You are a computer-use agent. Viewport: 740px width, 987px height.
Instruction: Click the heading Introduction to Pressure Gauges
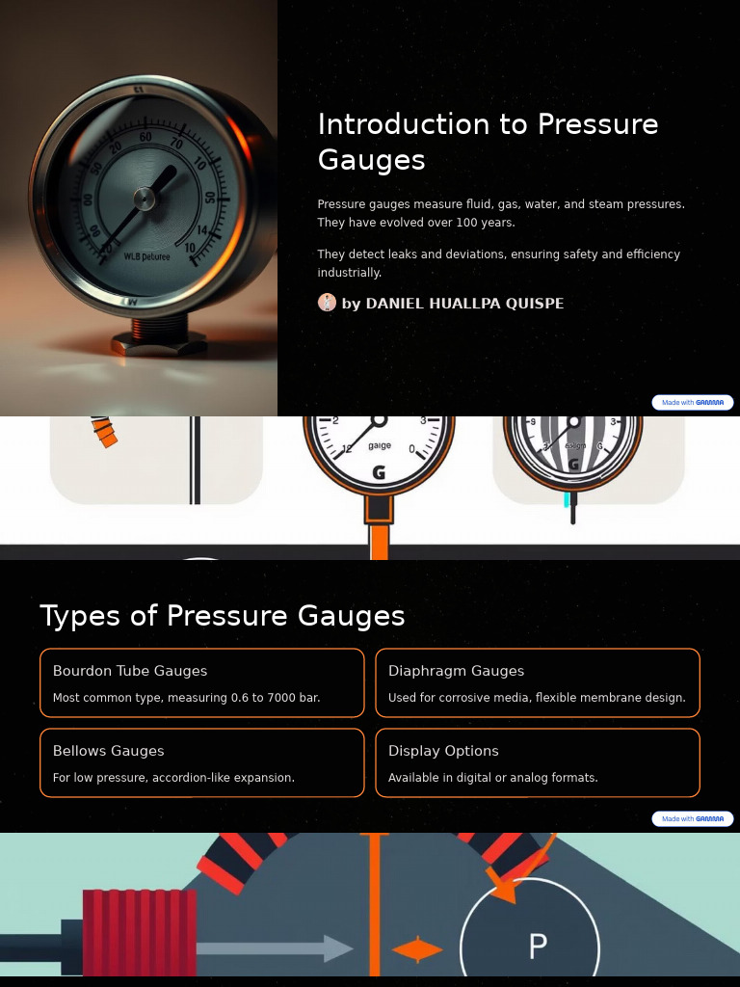click(x=488, y=141)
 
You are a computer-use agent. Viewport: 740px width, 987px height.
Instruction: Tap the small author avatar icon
click(x=327, y=303)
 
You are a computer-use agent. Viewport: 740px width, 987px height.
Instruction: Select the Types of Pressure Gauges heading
click(x=222, y=616)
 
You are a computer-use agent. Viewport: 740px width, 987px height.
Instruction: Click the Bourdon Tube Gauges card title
click(x=130, y=671)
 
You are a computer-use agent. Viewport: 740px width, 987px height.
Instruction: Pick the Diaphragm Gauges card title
click(x=456, y=671)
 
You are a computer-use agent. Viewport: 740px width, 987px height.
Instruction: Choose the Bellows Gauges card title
click(x=108, y=751)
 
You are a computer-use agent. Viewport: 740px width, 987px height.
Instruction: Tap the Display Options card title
click(x=443, y=751)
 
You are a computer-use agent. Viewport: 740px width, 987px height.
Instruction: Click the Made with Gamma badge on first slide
click(x=692, y=403)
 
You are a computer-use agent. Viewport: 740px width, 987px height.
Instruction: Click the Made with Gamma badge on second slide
click(x=692, y=819)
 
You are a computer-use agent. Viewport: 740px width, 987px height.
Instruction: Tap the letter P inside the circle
click(x=538, y=947)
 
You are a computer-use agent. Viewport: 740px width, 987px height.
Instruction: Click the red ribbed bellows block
click(x=140, y=932)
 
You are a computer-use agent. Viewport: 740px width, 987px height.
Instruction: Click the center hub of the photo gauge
click(x=145, y=200)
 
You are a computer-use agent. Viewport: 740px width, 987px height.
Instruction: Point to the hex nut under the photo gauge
click(x=159, y=342)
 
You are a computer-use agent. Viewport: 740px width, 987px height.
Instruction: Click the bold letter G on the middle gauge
click(x=379, y=473)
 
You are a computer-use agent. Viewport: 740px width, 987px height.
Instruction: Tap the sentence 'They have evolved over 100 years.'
click(x=416, y=223)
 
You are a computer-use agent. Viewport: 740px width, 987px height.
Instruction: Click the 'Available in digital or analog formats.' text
click(x=492, y=778)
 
